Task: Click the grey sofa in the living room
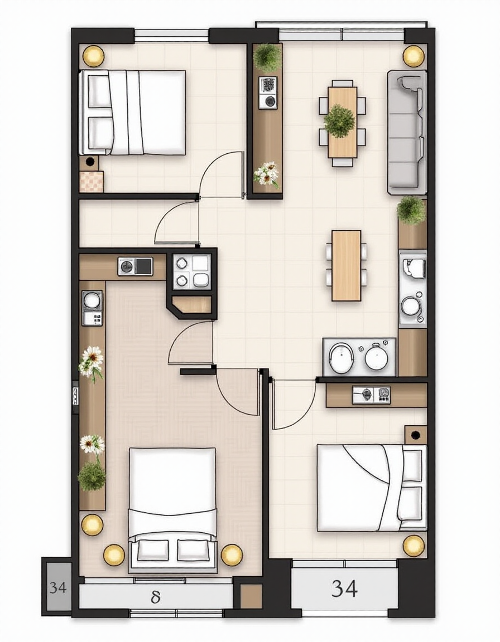(407, 132)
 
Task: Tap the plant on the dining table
(339, 121)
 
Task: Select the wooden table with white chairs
(347, 265)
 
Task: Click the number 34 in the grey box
(58, 587)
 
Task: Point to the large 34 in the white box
(344, 588)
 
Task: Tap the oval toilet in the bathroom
(341, 356)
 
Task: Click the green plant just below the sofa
(411, 210)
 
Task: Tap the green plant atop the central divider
(268, 56)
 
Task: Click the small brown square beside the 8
(251, 596)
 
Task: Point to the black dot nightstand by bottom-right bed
(416, 435)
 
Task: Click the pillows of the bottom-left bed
(172, 550)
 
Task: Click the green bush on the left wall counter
(92, 475)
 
